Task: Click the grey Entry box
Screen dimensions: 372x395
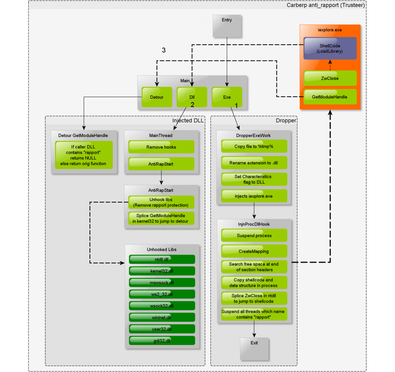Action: [x=227, y=26]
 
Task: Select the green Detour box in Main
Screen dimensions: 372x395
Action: [x=157, y=97]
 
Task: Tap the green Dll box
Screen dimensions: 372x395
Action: [x=192, y=97]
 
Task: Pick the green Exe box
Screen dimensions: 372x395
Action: [x=227, y=97]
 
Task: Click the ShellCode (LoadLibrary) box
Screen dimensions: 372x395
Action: [x=330, y=49]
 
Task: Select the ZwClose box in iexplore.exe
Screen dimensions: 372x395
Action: [x=330, y=78]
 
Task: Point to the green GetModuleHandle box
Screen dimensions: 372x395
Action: [x=330, y=97]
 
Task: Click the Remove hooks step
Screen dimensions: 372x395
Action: [x=161, y=147]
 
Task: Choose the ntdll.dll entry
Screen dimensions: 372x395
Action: [x=162, y=260]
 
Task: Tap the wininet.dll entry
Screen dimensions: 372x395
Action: [x=162, y=317]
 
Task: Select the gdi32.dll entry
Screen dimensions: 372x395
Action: [x=162, y=340]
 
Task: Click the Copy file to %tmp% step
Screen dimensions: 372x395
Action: [x=254, y=146]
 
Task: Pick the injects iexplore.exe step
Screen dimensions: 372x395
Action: [x=254, y=196]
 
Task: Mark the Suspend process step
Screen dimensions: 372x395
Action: [x=254, y=236]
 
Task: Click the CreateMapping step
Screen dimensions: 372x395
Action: [x=254, y=251]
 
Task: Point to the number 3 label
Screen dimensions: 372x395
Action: [x=164, y=50]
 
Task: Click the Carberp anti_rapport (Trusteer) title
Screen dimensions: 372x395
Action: [x=326, y=5]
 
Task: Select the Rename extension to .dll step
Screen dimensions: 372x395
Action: [x=254, y=163]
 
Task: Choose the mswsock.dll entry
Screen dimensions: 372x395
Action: [x=162, y=283]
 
